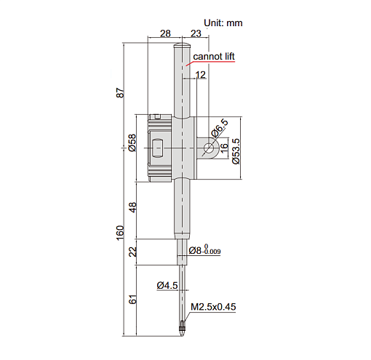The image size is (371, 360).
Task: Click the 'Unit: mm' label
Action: (223, 23)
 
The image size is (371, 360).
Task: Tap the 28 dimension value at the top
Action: (165, 33)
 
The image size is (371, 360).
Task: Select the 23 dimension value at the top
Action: (196, 33)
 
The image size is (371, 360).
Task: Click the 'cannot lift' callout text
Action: (214, 57)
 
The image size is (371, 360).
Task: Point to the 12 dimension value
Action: (201, 75)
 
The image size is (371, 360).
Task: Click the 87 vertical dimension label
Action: (120, 92)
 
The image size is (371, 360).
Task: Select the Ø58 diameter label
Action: (132, 143)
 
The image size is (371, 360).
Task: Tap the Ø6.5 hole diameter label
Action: (220, 128)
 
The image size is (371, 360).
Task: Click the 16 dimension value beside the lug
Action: (224, 146)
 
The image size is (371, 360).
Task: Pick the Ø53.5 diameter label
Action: (236, 151)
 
